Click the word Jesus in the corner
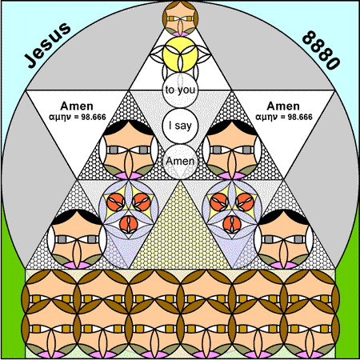pos(47,45)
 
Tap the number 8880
pos(322,50)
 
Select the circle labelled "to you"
pos(180,90)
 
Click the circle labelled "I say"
pos(180,126)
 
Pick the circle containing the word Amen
pos(180,162)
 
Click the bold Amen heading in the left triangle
pos(77,106)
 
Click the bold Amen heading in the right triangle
pos(283,106)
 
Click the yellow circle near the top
pos(180,54)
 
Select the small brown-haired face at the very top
pos(180,18)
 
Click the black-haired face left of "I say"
pos(129,150)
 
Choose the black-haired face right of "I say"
pos(232,150)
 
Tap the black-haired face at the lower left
pos(77,239)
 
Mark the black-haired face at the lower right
pos(284,239)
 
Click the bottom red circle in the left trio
pos(129,224)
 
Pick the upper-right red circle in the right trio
pos(245,202)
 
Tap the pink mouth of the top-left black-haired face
pos(129,175)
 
